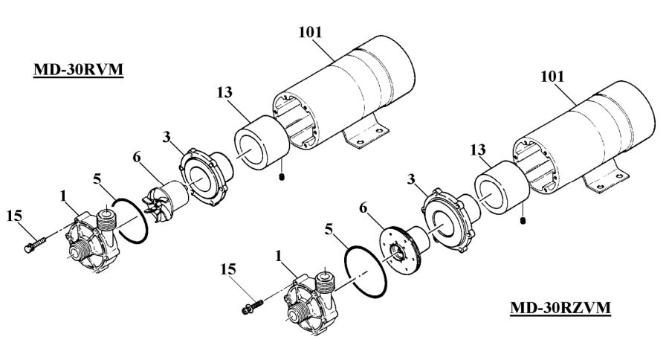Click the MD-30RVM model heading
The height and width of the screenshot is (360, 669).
point(78,71)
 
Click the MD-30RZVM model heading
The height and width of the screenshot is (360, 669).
point(560,306)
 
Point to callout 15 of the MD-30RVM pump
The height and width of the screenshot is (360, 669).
point(14,217)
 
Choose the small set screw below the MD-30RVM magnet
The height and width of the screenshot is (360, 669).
point(282,177)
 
